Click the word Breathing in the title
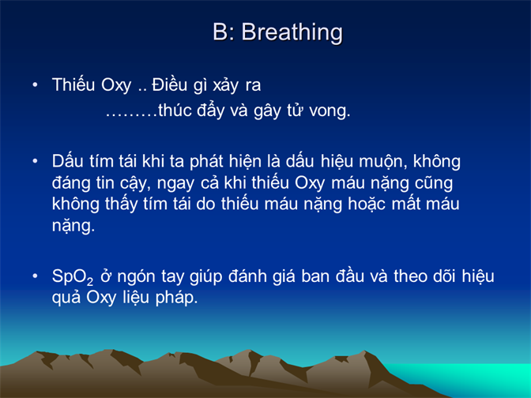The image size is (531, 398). click(x=292, y=33)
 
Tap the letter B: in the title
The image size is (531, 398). click(x=224, y=32)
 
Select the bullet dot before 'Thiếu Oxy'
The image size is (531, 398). click(x=35, y=84)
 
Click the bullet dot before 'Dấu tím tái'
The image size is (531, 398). click(x=35, y=161)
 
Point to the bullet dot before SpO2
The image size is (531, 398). click(x=35, y=276)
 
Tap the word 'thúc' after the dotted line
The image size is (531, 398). click(x=175, y=110)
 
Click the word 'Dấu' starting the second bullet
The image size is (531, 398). click(x=67, y=161)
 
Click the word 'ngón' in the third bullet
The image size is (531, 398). click(x=136, y=277)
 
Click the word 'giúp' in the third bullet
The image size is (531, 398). click(x=206, y=277)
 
